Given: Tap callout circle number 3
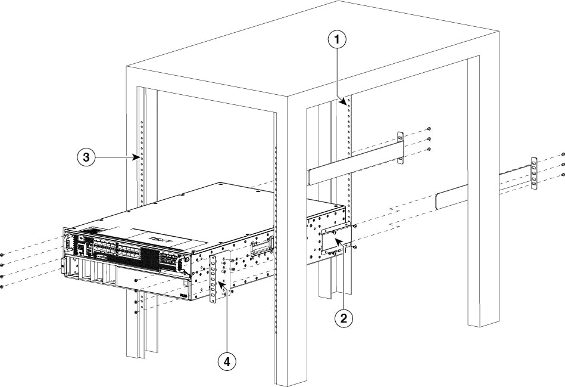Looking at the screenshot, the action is [x=87, y=158].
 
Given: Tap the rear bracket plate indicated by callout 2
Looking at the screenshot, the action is [x=331, y=240].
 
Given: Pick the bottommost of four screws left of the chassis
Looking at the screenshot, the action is [x=3, y=287].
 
